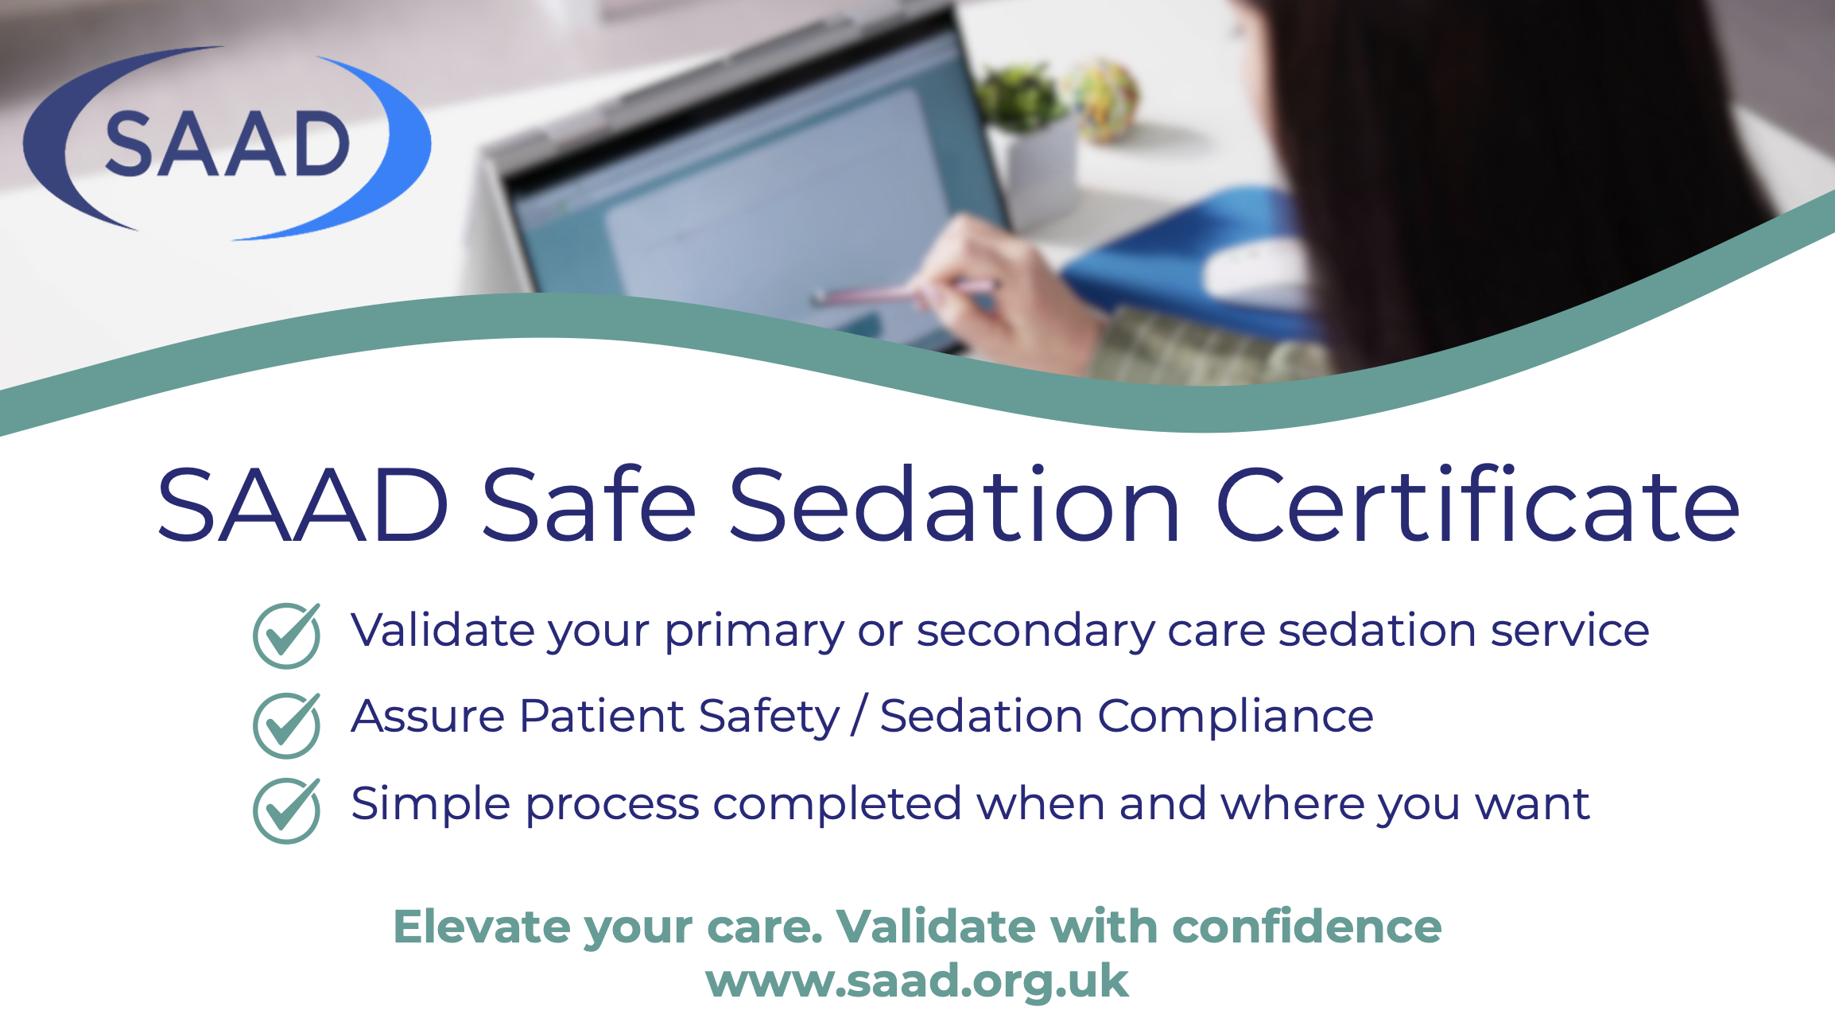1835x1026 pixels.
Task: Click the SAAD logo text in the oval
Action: pyautogui.click(x=227, y=144)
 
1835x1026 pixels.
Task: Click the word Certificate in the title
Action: pyautogui.click(x=1478, y=506)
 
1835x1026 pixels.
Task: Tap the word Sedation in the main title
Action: pyautogui.click(x=954, y=506)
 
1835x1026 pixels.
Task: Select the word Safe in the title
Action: pyautogui.click(x=588, y=506)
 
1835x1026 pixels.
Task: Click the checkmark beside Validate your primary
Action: pyautogui.click(x=287, y=635)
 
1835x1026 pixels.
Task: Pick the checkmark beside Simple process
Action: pyautogui.click(x=287, y=810)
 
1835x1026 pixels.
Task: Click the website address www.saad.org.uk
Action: pyautogui.click(x=917, y=981)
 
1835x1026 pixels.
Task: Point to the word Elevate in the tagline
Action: pyautogui.click(x=482, y=927)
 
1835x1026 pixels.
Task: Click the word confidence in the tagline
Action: pyautogui.click(x=1307, y=927)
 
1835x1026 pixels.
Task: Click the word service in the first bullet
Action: pyautogui.click(x=1570, y=631)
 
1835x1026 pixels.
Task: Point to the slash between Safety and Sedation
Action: pyautogui.click(x=859, y=715)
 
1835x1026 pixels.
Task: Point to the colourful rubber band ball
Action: pyautogui.click(x=1105, y=99)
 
